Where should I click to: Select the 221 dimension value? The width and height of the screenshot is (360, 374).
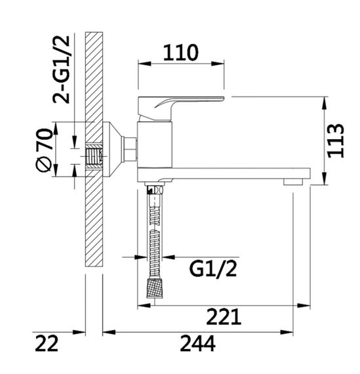224,317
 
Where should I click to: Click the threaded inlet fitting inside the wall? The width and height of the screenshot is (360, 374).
95,156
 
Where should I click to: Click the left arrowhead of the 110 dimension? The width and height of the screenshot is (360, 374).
139,64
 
